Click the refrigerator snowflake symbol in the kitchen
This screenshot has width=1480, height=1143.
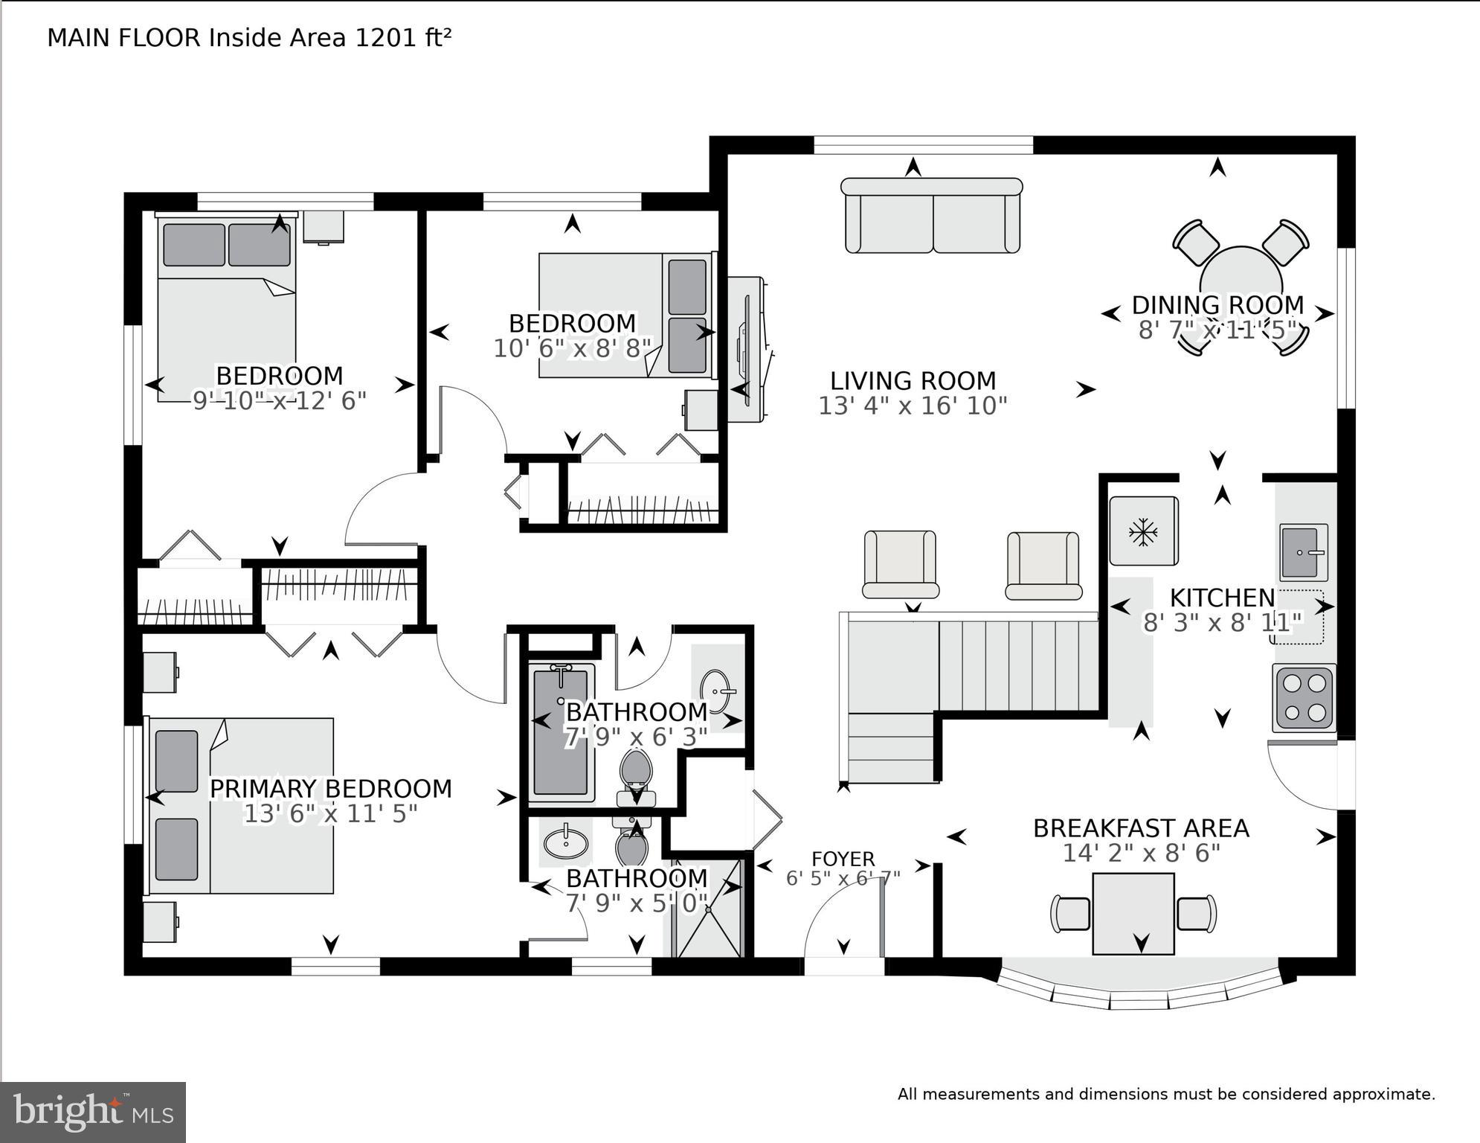click(1143, 531)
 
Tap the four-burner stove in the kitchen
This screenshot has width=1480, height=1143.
click(1304, 697)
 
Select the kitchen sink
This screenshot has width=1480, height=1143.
click(1303, 552)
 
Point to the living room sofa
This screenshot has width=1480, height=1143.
click(932, 216)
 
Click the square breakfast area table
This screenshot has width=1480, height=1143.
click(1133, 914)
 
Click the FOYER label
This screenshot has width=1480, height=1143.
click(843, 859)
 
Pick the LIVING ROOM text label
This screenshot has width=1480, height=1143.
click(913, 381)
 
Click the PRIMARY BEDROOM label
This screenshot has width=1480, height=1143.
click(330, 789)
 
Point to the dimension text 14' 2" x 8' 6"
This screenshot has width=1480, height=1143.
click(1141, 853)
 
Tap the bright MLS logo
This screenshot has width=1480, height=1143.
click(93, 1112)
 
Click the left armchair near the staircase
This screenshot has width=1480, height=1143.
click(899, 564)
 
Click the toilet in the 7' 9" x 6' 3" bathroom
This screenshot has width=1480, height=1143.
click(636, 774)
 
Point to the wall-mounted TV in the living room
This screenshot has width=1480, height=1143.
click(747, 350)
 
